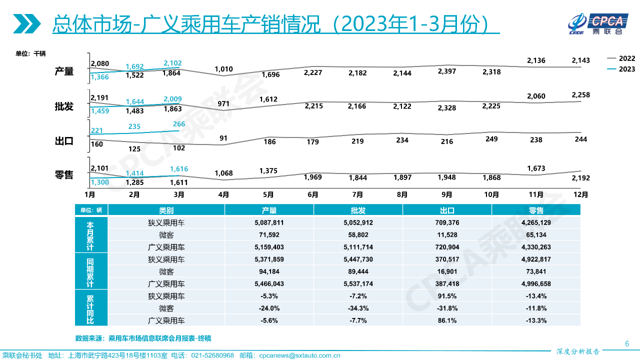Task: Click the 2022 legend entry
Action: point(620,58)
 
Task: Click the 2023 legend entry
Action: point(620,69)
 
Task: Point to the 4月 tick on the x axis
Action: point(223,194)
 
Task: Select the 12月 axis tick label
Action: point(580,194)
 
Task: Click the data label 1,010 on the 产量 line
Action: point(223,68)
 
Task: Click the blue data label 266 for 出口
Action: point(179,124)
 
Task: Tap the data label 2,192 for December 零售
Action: point(580,177)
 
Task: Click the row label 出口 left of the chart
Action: point(64,141)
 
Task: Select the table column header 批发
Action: point(358,210)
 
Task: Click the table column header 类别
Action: point(166,210)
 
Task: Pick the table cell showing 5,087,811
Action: point(269,222)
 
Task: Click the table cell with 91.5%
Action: point(447,296)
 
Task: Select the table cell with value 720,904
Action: point(447,247)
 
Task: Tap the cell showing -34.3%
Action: point(358,308)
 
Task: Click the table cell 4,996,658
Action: point(536,283)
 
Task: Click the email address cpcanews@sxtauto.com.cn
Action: point(299,355)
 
